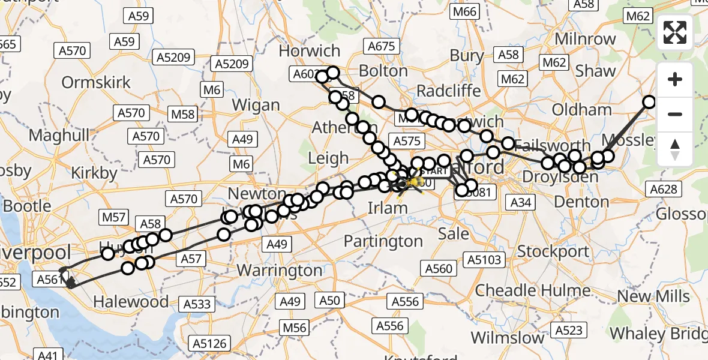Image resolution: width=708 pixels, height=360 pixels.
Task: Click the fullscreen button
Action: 675,32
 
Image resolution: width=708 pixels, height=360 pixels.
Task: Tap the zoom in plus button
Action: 675,79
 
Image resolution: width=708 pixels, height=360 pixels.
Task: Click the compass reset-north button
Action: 675,149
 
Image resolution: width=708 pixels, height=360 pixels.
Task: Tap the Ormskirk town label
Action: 96,82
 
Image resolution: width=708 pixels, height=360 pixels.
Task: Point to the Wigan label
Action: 256,105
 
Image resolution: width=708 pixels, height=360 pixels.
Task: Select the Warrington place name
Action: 280,270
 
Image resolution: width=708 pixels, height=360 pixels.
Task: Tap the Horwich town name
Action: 310,51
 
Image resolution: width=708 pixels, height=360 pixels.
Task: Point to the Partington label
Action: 383,241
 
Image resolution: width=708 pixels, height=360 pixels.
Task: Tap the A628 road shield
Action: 664,190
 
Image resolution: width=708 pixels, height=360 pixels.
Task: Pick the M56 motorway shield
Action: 295,328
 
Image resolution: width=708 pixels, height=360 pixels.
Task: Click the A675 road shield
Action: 382,46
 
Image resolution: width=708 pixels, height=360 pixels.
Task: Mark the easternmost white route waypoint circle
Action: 649,102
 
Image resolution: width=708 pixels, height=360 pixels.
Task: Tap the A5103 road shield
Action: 483,260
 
